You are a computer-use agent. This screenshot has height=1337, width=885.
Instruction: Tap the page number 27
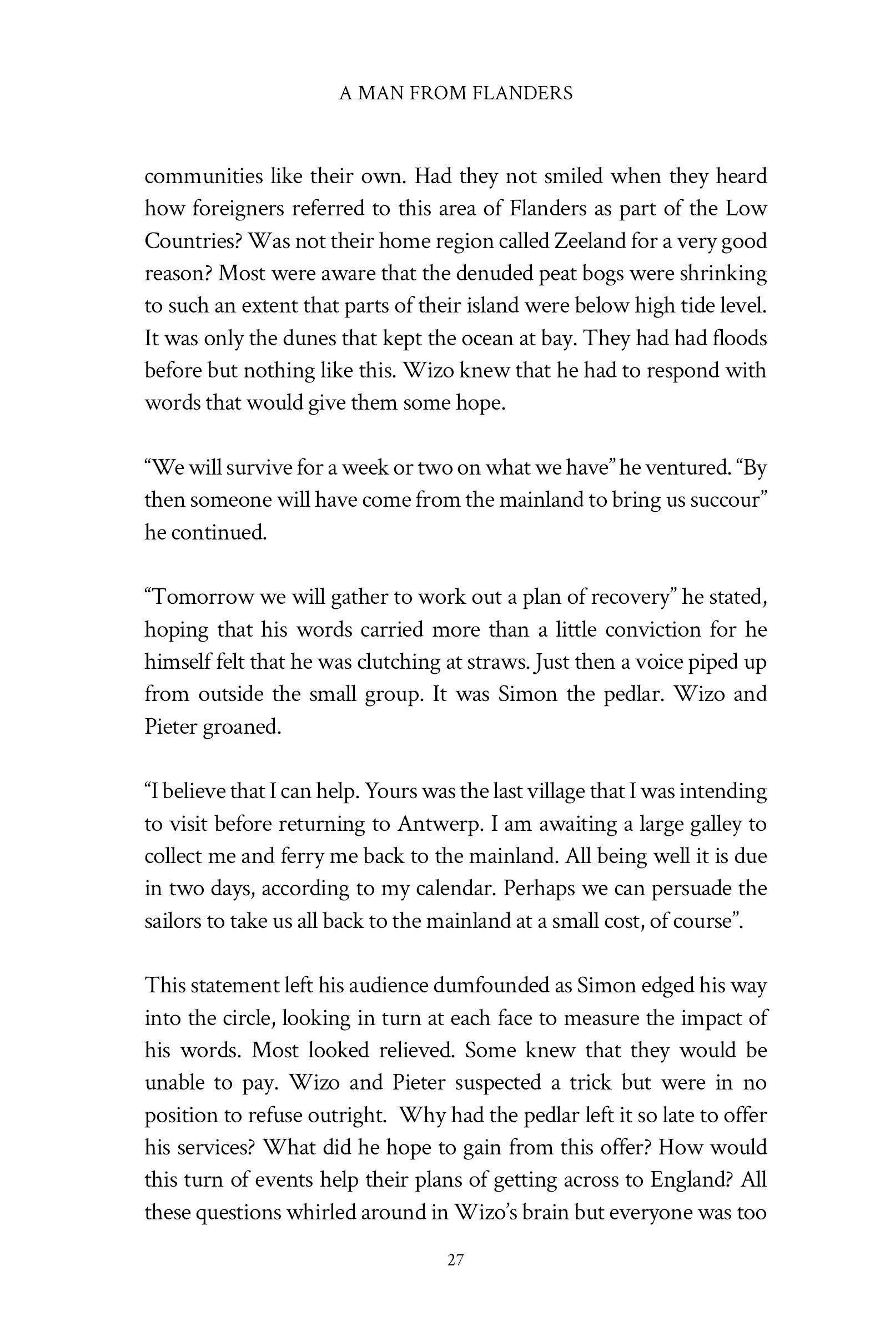point(455,1260)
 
